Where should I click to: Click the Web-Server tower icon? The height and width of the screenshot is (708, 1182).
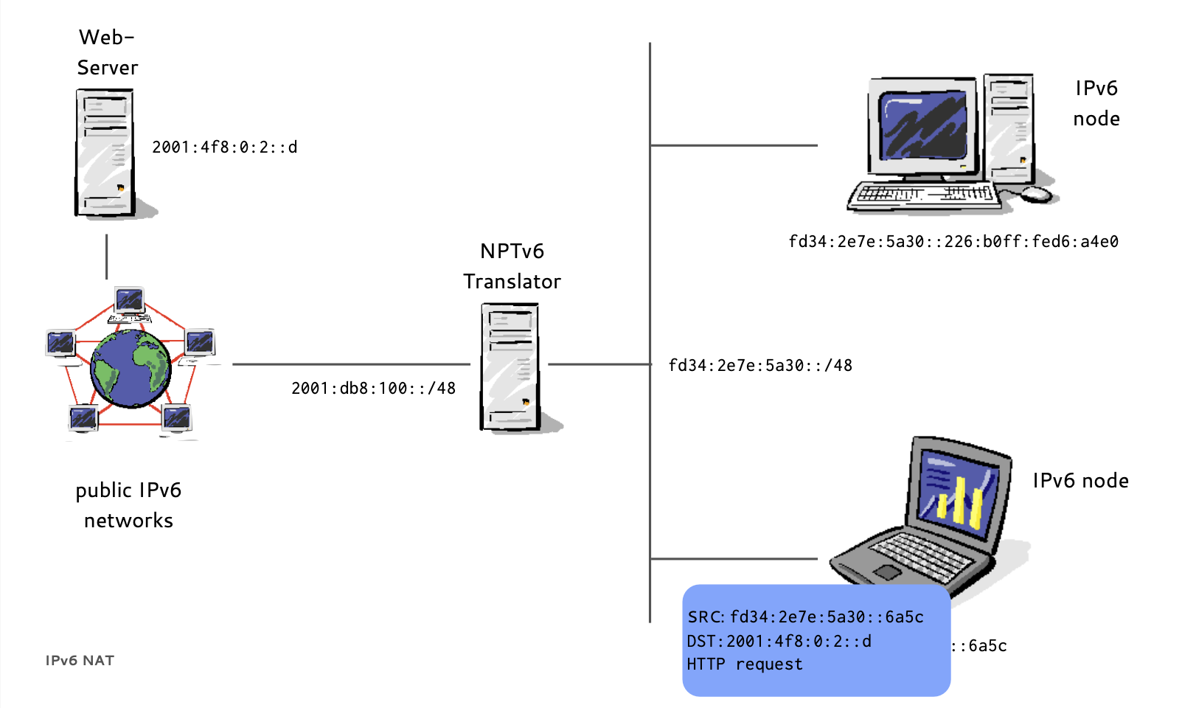(105, 153)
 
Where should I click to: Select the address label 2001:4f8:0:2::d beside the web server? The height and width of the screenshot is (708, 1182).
(224, 147)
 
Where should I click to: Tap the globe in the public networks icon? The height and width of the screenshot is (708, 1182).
(131, 368)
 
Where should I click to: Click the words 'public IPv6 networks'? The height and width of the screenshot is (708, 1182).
(128, 505)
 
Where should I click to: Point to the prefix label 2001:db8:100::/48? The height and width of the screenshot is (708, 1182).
(373, 389)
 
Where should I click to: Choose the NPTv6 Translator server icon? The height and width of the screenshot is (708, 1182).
(510, 367)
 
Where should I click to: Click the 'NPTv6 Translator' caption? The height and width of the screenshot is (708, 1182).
(512, 266)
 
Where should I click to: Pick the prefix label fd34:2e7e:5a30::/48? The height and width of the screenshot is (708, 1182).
(760, 366)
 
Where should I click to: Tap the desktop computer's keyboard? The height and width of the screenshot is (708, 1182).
(923, 195)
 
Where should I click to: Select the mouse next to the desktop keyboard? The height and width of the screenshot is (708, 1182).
(1036, 194)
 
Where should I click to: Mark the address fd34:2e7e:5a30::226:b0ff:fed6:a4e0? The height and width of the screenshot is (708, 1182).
(953, 242)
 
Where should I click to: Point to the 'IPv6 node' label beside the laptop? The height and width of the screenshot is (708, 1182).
(1080, 481)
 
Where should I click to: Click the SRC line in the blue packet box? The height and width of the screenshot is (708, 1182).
(805, 617)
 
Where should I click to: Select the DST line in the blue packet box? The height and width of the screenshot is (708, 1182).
(779, 642)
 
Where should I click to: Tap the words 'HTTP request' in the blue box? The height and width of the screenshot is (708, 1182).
(745, 664)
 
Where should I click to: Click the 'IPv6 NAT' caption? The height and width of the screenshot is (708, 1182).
(80, 661)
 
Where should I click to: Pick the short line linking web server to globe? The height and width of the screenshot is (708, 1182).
(107, 257)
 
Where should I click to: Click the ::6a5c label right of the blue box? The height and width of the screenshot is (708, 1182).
(979, 646)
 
